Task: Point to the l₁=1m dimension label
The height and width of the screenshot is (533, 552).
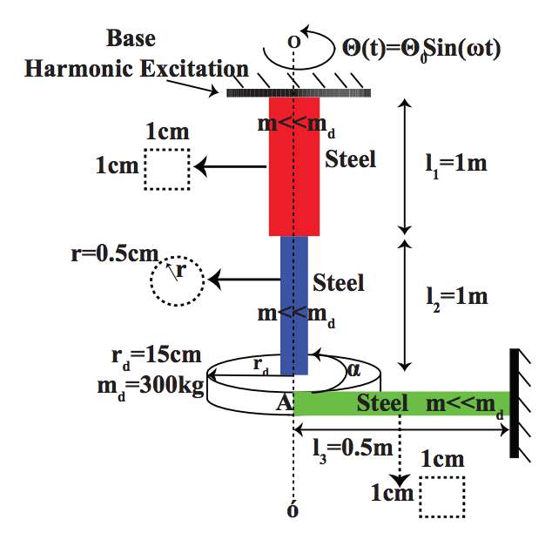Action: [x=450, y=165]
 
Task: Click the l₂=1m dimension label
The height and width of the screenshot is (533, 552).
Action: [x=450, y=297]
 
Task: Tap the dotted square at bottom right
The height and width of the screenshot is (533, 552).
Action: [x=442, y=496]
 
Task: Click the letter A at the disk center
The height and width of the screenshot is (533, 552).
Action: [x=283, y=402]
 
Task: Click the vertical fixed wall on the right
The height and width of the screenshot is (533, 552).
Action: [x=515, y=402]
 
